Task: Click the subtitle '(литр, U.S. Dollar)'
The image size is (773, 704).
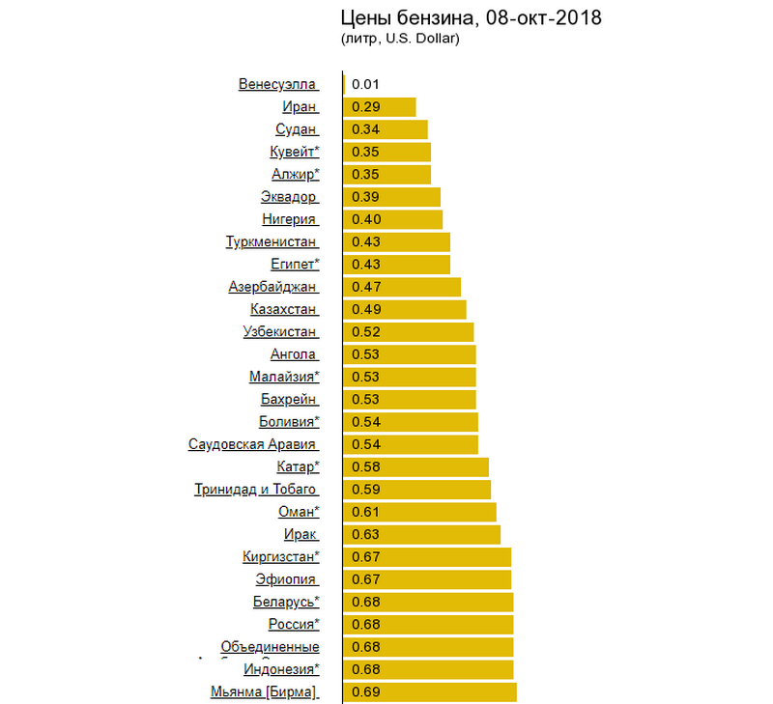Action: [x=399, y=40]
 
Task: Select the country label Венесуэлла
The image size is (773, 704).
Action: [x=277, y=84]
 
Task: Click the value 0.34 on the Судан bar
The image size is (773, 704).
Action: [x=366, y=129]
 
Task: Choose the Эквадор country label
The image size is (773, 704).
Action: [x=288, y=197]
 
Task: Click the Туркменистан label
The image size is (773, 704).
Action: [x=271, y=241]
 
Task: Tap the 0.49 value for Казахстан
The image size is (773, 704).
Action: [x=366, y=309]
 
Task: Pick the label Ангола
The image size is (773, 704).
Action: [x=294, y=354]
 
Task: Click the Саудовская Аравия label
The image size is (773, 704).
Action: [x=252, y=444]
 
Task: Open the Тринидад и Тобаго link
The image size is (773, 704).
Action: [x=255, y=490]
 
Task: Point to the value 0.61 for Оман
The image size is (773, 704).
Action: [x=366, y=512]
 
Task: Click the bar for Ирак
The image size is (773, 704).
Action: [x=422, y=534]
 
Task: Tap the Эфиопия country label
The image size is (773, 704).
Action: [x=286, y=579]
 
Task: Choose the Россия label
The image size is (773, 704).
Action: [x=293, y=624]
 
